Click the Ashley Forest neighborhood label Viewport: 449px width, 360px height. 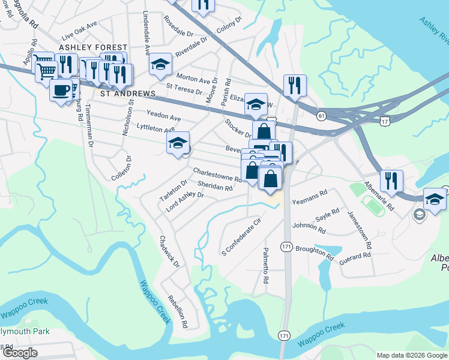point(93,47)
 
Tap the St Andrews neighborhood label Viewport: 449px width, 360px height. point(128,94)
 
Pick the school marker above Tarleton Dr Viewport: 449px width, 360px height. point(178,144)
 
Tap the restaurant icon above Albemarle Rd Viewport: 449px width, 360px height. point(391,181)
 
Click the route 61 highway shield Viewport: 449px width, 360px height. point(322,115)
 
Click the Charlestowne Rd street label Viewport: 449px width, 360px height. point(217,175)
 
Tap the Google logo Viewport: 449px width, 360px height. point(20,353)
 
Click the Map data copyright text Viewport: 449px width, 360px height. point(411,355)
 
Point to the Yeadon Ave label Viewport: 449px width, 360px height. point(163,115)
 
